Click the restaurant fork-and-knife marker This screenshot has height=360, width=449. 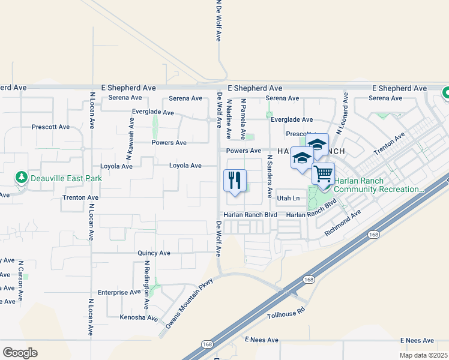235,179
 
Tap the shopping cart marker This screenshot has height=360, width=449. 323,173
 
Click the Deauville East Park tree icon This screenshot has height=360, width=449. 22,178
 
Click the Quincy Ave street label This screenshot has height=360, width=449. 154,253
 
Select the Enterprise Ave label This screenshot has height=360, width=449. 122,292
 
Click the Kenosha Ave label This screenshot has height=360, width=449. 139,317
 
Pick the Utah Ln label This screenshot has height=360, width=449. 288,197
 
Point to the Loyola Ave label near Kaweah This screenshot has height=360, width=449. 116,166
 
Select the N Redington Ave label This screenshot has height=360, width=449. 146,280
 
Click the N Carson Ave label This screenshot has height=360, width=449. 20,280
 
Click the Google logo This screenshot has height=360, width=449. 20,353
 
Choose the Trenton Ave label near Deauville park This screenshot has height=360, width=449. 80,197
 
